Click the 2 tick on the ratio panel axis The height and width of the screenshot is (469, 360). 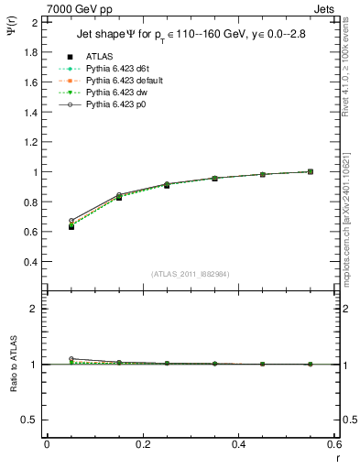tap(36, 309)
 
